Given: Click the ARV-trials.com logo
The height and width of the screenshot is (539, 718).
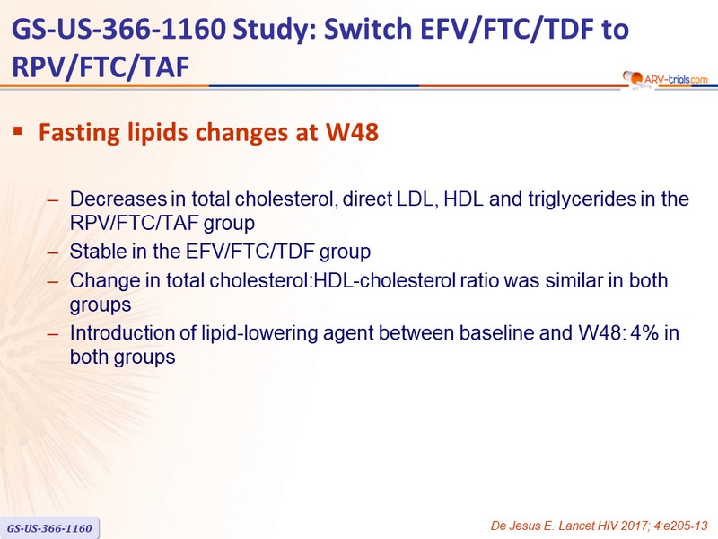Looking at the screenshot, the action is pyautogui.click(x=665, y=79).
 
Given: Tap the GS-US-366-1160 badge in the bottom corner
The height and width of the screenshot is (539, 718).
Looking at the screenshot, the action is pyautogui.click(x=49, y=528).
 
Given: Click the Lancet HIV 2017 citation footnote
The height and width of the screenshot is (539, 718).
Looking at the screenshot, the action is pyautogui.click(x=600, y=526).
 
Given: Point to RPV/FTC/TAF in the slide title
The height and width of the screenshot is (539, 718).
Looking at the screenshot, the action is pyautogui.click(x=101, y=66).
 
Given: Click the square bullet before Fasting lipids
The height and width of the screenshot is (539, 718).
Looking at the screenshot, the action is pyautogui.click(x=18, y=131).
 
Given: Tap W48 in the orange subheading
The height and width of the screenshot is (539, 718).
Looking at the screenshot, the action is pyautogui.click(x=352, y=132).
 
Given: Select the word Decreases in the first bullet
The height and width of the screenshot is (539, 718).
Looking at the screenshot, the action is pyautogui.click(x=118, y=199).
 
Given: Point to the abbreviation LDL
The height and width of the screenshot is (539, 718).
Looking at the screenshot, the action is pyautogui.click(x=415, y=199).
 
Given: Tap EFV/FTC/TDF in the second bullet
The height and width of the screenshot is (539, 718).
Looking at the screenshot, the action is pyautogui.click(x=250, y=252).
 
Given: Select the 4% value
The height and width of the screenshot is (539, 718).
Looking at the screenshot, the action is pyautogui.click(x=644, y=332).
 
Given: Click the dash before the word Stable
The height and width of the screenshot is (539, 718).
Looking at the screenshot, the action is pyautogui.click(x=53, y=252).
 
